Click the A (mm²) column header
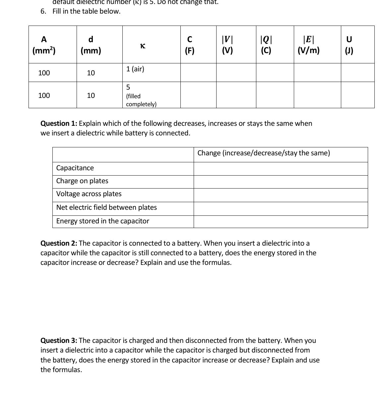[x=44, y=45]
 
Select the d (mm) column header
[x=91, y=45]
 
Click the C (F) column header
[x=189, y=45]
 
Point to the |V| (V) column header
[x=227, y=45]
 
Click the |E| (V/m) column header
[x=308, y=45]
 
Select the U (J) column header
[x=349, y=45]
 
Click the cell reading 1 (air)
[x=135, y=69]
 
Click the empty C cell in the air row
[x=198, y=73]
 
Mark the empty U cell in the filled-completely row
[x=357, y=95]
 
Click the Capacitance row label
[x=75, y=168]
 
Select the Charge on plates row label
[x=82, y=181]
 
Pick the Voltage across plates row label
[x=89, y=194]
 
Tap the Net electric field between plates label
[x=106, y=207]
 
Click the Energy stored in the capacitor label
[x=103, y=221]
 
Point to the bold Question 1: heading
[x=59, y=123]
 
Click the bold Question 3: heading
[x=59, y=341]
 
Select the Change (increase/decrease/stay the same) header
[x=264, y=153]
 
